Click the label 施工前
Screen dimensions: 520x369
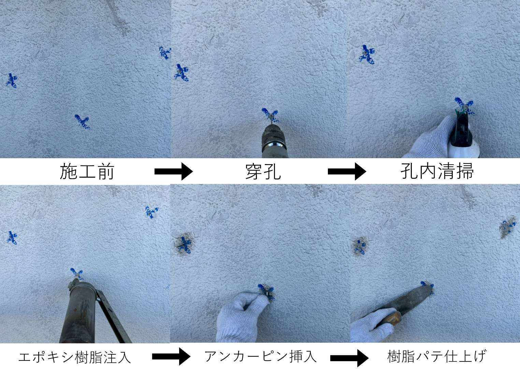[x=87, y=172]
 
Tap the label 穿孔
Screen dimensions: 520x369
[x=263, y=172]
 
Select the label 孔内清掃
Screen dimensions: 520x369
[x=437, y=171]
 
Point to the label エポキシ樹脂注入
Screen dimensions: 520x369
[x=74, y=357]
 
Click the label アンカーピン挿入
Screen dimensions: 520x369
[x=260, y=356]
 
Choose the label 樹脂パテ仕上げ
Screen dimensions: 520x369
[x=436, y=356]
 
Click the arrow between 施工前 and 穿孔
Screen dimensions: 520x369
[x=174, y=172]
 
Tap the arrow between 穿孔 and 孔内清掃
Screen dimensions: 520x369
[x=347, y=172]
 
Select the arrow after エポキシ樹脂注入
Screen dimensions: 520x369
[x=171, y=356]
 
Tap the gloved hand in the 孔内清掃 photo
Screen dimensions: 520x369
[x=430, y=139]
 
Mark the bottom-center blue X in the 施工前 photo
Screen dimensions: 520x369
[x=82, y=122]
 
